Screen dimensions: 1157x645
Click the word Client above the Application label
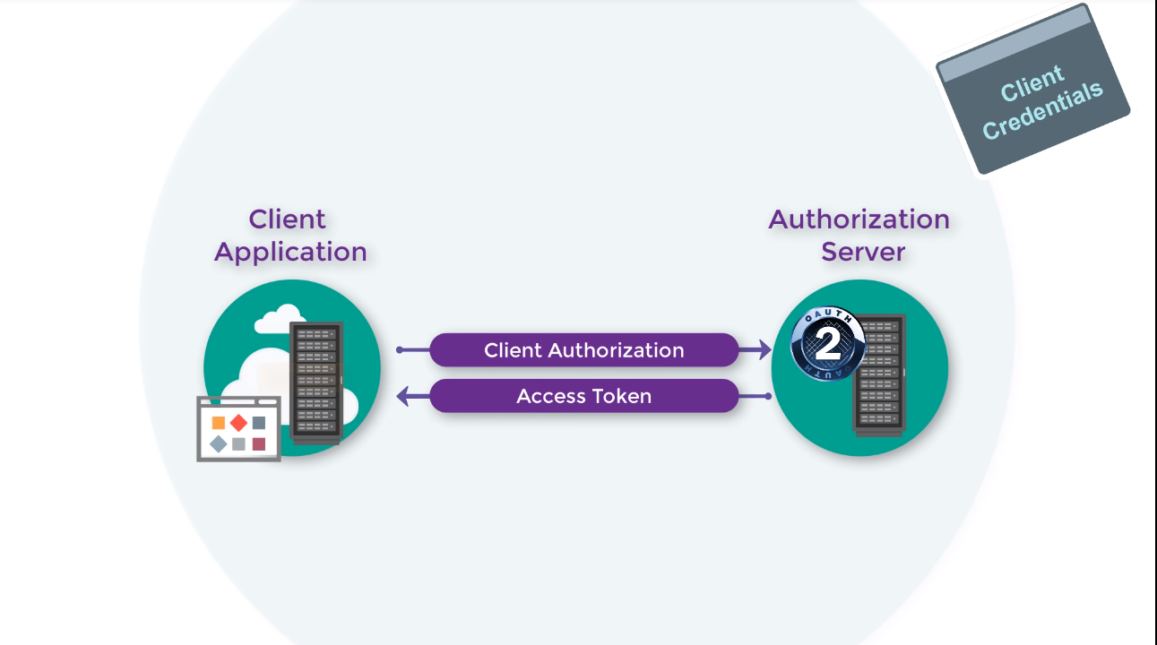[x=287, y=219]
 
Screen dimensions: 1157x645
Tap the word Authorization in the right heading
[x=859, y=219]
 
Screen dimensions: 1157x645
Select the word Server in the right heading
[x=863, y=252]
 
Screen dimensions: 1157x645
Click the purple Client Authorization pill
[x=584, y=350]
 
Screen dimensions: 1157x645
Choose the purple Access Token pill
[x=584, y=396]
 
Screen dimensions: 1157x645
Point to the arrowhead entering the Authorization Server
[x=764, y=350]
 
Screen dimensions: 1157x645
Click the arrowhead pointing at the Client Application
[x=404, y=396]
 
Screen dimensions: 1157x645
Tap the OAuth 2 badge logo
[x=828, y=343]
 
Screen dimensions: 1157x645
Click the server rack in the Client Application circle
[x=316, y=383]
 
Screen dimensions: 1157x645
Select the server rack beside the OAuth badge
[x=880, y=375]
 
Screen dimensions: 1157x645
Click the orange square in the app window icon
[x=219, y=423]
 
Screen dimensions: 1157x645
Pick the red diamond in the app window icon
[x=238, y=423]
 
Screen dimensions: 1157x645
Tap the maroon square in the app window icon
[x=259, y=443]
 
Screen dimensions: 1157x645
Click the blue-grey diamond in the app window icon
[x=219, y=443]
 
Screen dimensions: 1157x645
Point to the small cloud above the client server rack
[x=280, y=319]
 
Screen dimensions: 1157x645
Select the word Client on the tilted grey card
[x=1032, y=82]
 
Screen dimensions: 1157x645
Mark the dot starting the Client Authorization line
[x=400, y=350]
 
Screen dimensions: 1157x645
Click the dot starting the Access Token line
[x=768, y=396]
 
